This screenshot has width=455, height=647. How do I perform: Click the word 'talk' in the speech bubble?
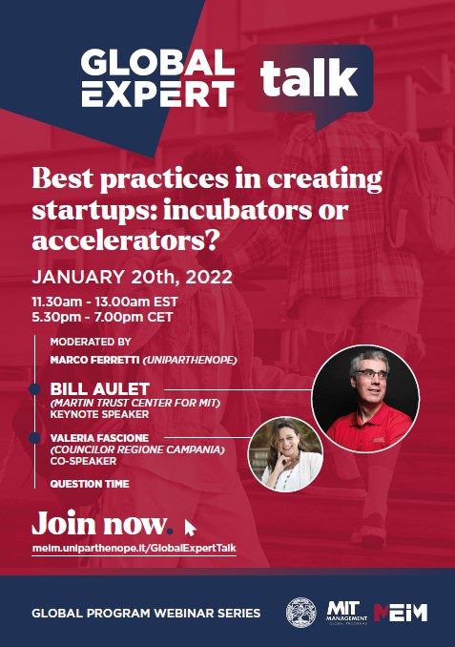point(308,78)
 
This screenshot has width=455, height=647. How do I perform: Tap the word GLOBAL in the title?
point(157,63)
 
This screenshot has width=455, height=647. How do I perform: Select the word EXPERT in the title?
point(157,94)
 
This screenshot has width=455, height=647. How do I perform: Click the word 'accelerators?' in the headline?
point(125,240)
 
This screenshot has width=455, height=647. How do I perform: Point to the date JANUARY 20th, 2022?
point(132,277)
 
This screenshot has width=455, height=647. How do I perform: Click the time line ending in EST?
point(105,302)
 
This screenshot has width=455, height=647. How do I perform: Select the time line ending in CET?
point(102,317)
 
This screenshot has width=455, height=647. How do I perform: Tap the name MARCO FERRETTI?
point(94,360)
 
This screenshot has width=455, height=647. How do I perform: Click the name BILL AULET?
point(99,388)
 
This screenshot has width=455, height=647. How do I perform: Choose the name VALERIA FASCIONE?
point(99,438)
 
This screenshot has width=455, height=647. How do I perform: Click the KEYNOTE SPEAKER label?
point(99,414)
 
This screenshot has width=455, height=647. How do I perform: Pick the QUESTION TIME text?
point(90,484)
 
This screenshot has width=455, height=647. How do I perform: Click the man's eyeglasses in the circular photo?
point(370,374)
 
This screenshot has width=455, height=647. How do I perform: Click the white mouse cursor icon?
point(190,528)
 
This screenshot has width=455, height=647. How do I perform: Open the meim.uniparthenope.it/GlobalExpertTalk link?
point(134,548)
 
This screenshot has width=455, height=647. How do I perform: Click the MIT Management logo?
point(346,613)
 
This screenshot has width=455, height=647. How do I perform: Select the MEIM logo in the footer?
point(401,613)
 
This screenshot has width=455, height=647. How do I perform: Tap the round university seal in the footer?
point(301,613)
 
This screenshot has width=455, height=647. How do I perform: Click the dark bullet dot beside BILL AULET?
point(34,388)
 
